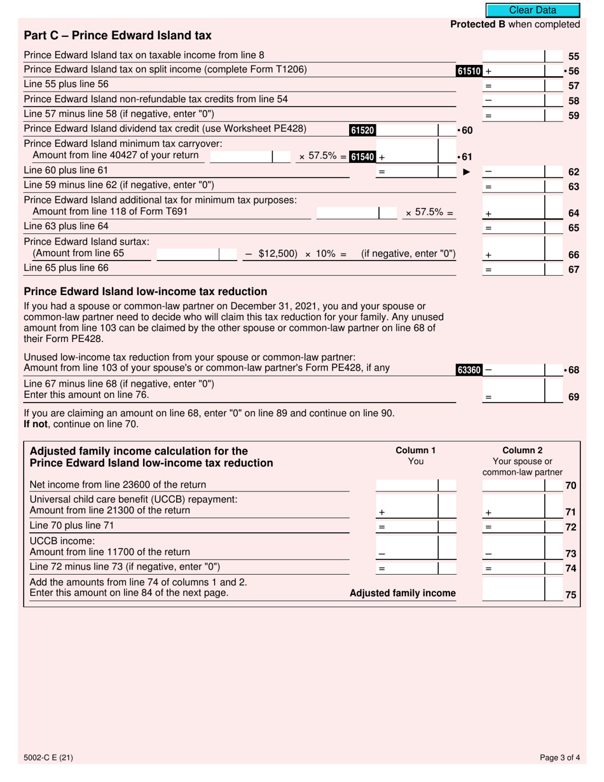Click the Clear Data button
tap(532, 10)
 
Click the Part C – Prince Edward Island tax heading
tap(118, 36)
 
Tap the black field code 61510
tap(469, 71)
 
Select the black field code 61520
tap(362, 130)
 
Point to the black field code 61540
tap(363, 157)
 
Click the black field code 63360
tap(469, 369)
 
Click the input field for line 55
tap(514, 56)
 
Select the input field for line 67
tap(514, 269)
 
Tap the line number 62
tap(573, 172)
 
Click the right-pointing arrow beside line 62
tap(466, 172)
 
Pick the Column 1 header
tap(415, 450)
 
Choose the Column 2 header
tap(522, 450)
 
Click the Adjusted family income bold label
tap(402, 593)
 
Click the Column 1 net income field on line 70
tap(406, 486)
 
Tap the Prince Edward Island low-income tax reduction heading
tap(145, 292)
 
